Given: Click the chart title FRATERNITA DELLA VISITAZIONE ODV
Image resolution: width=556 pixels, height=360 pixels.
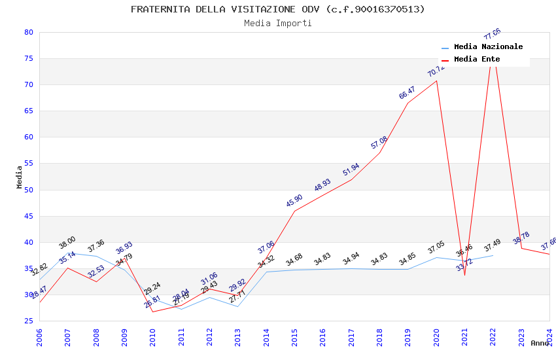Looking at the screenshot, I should click(x=277, y=9).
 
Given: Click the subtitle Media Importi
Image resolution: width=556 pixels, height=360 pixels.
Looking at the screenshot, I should click(x=277, y=24).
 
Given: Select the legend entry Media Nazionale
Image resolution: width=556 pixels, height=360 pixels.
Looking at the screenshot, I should click(x=488, y=47).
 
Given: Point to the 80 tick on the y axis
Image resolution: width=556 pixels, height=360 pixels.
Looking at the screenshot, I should click(x=28, y=32).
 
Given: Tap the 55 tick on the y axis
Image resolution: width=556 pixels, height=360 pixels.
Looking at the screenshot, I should click(x=28, y=164).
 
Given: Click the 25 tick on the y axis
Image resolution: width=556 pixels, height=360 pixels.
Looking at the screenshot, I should click(x=28, y=321).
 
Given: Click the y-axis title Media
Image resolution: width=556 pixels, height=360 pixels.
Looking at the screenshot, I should click(x=20, y=177).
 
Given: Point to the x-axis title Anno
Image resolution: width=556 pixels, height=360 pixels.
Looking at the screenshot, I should click(x=540, y=343).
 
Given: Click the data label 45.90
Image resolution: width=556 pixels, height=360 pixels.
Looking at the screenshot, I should click(x=294, y=200).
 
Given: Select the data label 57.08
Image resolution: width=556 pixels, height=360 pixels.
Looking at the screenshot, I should click(x=379, y=142).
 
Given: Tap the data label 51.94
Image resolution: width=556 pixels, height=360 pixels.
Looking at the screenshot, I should click(x=351, y=170).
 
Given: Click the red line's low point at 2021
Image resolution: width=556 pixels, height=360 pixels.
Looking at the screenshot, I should click(x=464, y=275).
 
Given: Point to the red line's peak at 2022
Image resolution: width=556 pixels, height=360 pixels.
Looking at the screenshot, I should click(x=493, y=48).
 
